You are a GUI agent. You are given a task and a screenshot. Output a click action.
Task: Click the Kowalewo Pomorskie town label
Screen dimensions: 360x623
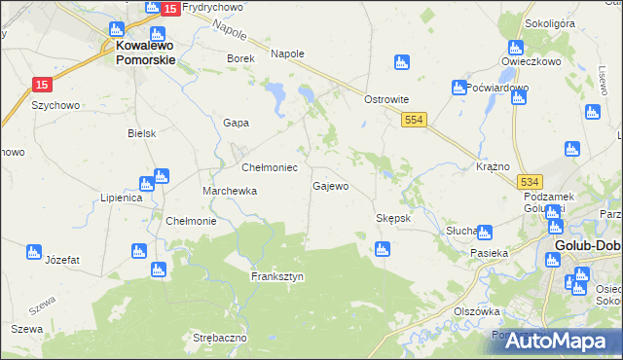point(145,52)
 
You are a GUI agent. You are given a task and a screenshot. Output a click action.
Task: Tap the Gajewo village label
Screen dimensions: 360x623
point(330,186)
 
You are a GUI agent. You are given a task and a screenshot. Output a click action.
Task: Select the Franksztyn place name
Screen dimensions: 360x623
point(277,276)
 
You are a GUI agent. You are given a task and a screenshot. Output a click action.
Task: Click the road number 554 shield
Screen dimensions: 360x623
point(415,119)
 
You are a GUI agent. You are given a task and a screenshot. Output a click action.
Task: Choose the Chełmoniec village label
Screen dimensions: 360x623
point(269,167)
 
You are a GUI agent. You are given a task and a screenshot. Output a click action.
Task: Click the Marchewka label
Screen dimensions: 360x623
point(230,192)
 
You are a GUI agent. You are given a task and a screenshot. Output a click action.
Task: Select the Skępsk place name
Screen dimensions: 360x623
point(394,218)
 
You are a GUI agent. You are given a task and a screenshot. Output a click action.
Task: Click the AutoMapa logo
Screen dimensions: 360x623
point(555,341)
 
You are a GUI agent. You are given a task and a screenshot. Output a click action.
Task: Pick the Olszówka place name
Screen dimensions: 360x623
point(476,311)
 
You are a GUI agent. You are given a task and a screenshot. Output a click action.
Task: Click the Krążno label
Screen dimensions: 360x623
point(494,166)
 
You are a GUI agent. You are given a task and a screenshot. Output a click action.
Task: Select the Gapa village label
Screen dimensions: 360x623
point(236,123)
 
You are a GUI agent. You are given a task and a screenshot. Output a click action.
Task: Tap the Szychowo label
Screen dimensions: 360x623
point(55,104)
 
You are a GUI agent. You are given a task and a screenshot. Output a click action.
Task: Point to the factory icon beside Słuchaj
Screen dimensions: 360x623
point(484,233)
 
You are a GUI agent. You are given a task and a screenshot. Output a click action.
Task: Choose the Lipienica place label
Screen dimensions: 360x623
point(122,198)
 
